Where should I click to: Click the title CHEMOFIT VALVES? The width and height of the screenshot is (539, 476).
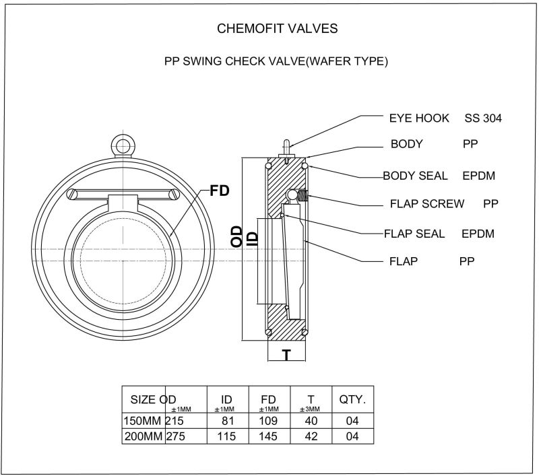pos(278,29)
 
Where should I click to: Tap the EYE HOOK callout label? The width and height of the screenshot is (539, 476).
pos(419,118)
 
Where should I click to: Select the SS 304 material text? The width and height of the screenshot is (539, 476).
pos(482,118)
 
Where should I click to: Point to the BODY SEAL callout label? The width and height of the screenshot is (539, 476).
pos(415,176)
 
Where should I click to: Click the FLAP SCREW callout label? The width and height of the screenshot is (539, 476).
pos(427,203)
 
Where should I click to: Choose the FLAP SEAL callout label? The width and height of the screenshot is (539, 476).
pos(414,234)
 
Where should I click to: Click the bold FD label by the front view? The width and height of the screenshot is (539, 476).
pos(220,191)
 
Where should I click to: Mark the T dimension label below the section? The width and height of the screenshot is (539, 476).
pos(286,355)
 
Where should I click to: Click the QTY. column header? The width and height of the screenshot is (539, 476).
pos(352,399)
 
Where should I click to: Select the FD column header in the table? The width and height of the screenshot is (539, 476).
pos(268,399)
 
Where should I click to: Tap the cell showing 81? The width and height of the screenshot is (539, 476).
pos(227,421)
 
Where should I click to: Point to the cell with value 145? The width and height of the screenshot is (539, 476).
pos(268,436)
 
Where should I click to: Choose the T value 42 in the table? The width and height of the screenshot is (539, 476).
pos(310,436)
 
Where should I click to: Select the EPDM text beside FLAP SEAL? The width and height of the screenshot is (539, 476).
pos(478,234)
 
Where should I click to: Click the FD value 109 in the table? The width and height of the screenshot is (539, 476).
pos(268,421)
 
